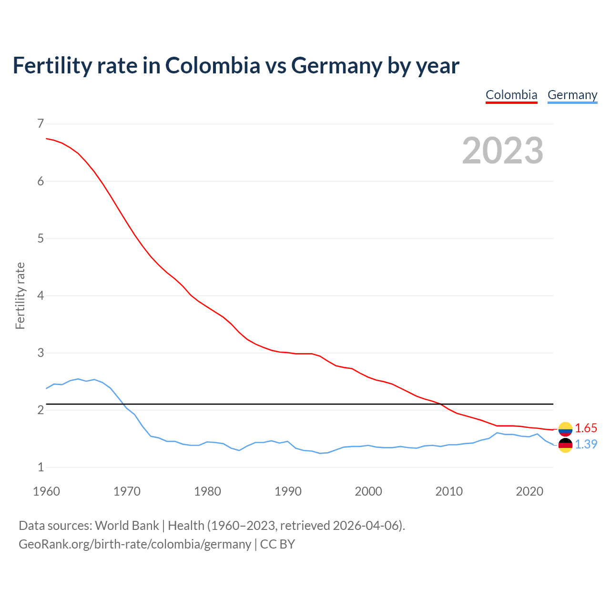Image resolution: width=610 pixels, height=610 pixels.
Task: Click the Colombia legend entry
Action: pyautogui.click(x=511, y=95)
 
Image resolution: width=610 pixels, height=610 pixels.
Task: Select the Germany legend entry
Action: pyautogui.click(x=572, y=95)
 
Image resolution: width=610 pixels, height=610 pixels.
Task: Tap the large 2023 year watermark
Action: pyautogui.click(x=503, y=151)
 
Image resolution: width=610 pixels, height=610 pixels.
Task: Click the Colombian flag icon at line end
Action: pyautogui.click(x=565, y=429)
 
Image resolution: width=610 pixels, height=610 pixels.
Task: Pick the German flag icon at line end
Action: pyautogui.click(x=565, y=445)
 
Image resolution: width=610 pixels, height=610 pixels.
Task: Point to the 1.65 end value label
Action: pyautogui.click(x=586, y=428)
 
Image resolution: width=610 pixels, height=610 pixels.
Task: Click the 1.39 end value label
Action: pyautogui.click(x=586, y=444)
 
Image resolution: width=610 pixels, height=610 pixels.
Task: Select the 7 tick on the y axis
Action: pyautogui.click(x=41, y=124)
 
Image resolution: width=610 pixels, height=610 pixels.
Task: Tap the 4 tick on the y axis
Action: pyautogui.click(x=41, y=295)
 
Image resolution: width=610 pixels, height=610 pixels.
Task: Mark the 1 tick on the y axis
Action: pyautogui.click(x=41, y=467)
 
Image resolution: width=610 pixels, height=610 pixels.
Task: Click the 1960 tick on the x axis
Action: pyautogui.click(x=46, y=491)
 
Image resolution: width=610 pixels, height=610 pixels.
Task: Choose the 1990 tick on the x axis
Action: pyautogui.click(x=288, y=491)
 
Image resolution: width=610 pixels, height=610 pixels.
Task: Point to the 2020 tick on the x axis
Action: pyautogui.click(x=529, y=491)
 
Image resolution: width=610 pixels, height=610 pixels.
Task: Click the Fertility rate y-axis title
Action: pyautogui.click(x=20, y=295)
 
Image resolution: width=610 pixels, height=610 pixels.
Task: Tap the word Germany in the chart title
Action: pyautogui.click(x=336, y=66)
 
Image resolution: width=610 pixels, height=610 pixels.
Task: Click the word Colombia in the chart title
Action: pyautogui.click(x=213, y=66)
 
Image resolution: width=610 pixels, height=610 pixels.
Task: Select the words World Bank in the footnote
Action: pyautogui.click(x=127, y=526)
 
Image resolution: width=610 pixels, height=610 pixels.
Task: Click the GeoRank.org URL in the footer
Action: pyautogui.click(x=135, y=544)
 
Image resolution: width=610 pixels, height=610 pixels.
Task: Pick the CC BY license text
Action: pyautogui.click(x=277, y=544)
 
